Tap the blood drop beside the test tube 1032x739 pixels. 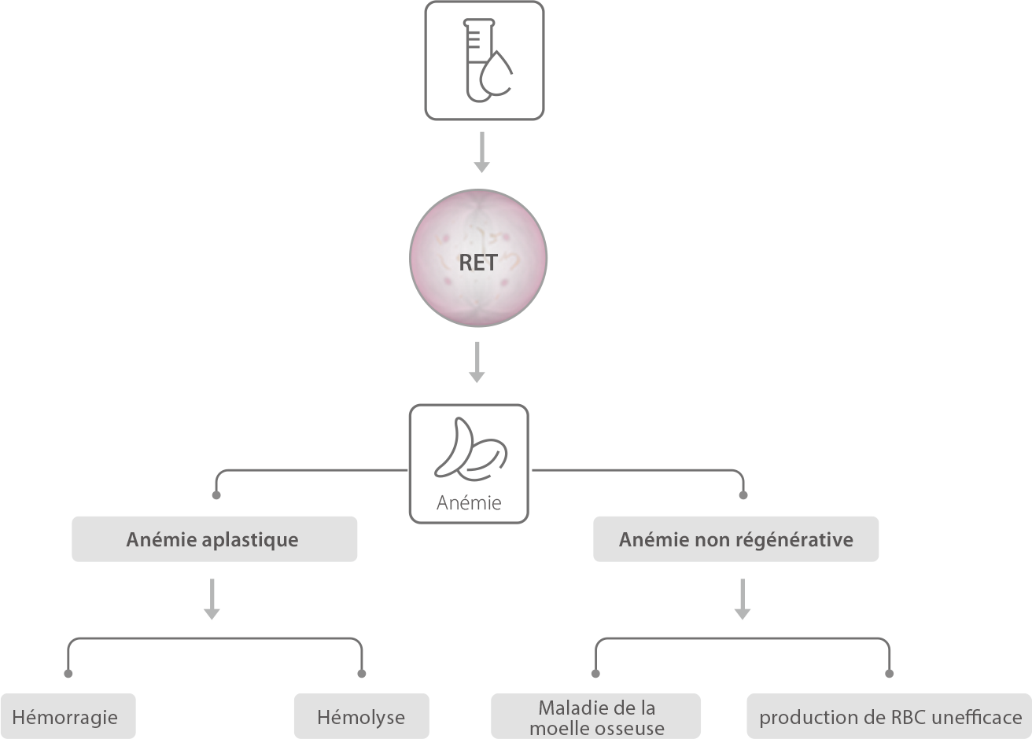496,75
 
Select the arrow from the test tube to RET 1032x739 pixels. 482,153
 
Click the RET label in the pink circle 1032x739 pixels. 478,263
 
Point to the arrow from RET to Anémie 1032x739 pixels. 477,362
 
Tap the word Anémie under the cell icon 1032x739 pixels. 469,502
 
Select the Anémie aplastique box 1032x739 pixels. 214,539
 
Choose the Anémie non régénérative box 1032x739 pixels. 735,539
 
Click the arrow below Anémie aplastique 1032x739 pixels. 212,599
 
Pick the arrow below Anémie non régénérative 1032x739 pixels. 743,599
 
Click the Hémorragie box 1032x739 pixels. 68,716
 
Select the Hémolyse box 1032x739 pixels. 362,716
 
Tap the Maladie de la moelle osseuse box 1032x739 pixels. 595,716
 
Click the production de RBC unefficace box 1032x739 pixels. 889,716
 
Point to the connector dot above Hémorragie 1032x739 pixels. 68,674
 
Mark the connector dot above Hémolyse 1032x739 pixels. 362,674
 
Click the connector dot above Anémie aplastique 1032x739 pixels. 216,495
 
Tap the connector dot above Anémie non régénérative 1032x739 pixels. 743,495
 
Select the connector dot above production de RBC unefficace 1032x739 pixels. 889,674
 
